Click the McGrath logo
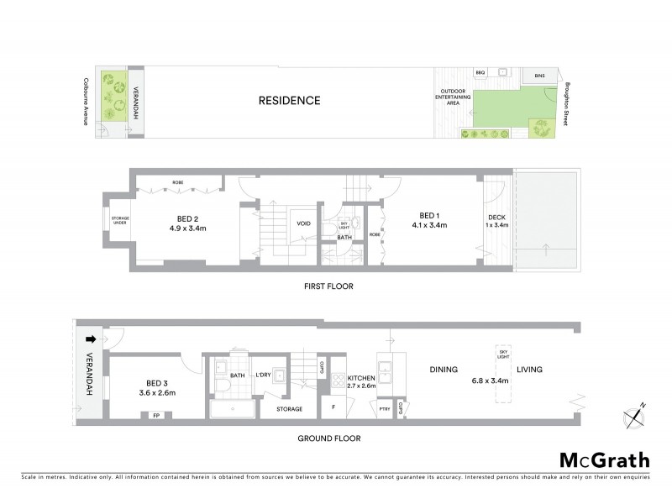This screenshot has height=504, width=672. click(604, 459)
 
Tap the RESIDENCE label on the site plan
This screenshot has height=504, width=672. click(289, 101)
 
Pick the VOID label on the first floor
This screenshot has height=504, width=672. click(302, 223)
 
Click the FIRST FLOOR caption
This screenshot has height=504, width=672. click(328, 286)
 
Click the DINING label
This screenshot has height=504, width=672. click(443, 369)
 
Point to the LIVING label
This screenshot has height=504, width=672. click(529, 369)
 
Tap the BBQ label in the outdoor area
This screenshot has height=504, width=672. click(480, 73)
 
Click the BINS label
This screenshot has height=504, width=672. click(539, 76)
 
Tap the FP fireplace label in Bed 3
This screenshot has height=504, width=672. click(155, 414)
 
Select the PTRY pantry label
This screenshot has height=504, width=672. click(384, 409)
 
